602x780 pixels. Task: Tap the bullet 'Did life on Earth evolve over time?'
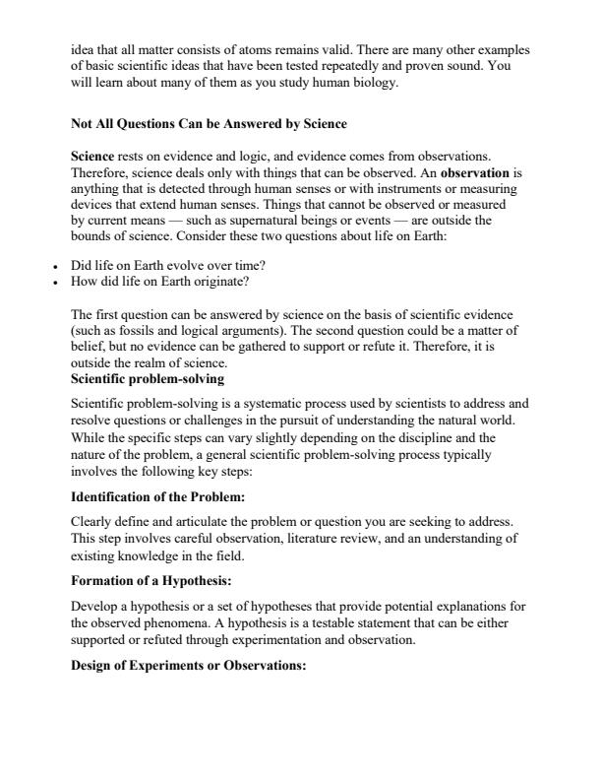click(x=161, y=266)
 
